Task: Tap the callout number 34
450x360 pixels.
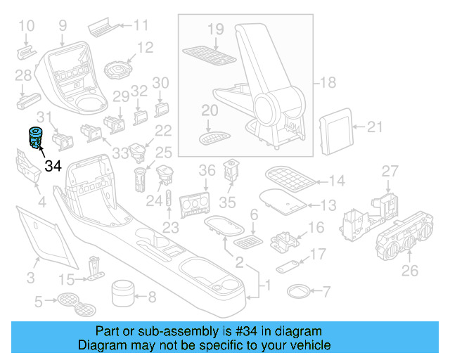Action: (x=53, y=167)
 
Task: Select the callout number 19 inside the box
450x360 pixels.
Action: (x=215, y=29)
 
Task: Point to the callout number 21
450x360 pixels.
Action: (x=375, y=127)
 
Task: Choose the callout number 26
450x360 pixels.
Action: (x=409, y=270)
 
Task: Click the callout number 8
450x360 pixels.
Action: (x=151, y=296)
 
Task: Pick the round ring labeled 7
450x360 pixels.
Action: (x=298, y=290)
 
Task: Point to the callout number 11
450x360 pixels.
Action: (x=142, y=27)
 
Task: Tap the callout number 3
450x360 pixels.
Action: (x=30, y=278)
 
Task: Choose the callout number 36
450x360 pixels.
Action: (x=207, y=170)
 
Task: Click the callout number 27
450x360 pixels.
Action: (x=390, y=171)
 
